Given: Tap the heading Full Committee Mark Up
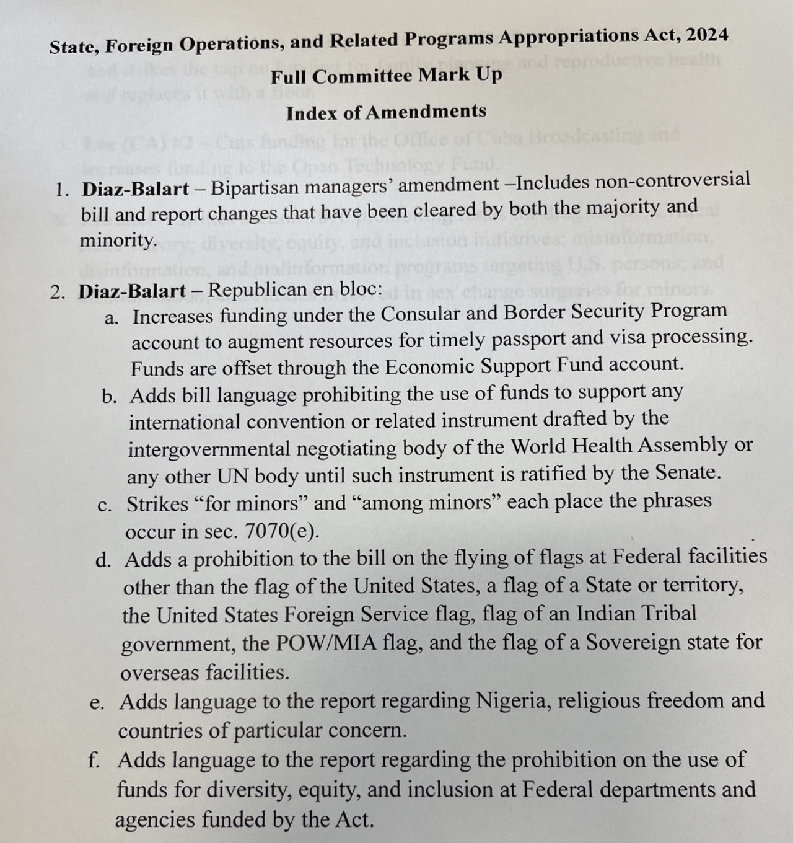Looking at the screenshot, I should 386,76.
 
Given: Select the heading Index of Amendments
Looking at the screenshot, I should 386,113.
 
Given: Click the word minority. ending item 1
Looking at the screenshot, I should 118,241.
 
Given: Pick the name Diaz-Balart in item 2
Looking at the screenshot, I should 132,291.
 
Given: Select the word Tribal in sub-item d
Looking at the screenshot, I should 668,613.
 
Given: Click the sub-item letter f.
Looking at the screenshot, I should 94,761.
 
